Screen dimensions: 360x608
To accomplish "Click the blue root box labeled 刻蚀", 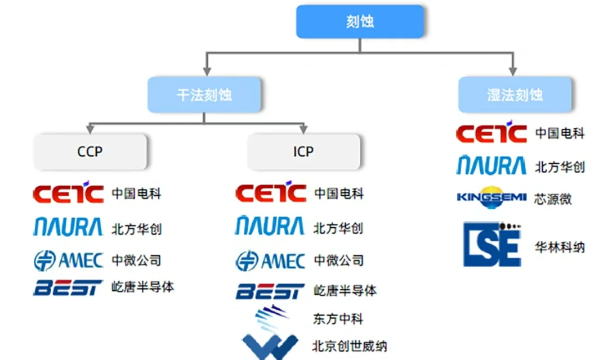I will pyautogui.click(x=360, y=22).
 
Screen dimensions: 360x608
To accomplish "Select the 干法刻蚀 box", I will pyautogui.click(x=204, y=94).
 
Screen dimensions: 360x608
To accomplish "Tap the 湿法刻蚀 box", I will pyautogui.click(x=515, y=94).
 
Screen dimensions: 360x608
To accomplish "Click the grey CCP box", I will pyautogui.click(x=90, y=152).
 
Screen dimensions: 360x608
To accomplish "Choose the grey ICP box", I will pyautogui.click(x=303, y=152).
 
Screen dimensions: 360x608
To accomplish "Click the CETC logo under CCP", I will pyautogui.click(x=68, y=193).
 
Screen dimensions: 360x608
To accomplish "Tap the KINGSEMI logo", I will pyautogui.click(x=491, y=198).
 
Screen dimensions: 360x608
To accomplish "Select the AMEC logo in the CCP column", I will pyautogui.click(x=68, y=260).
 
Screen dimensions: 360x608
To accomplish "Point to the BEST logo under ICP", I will pyautogui.click(x=270, y=291).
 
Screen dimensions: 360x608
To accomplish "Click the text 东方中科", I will pyautogui.click(x=338, y=319).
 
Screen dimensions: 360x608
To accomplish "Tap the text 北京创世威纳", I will pyautogui.click(x=350, y=345).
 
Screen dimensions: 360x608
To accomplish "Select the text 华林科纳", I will pyautogui.click(x=560, y=247).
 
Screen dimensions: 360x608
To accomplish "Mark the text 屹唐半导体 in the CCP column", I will pyautogui.click(x=143, y=287).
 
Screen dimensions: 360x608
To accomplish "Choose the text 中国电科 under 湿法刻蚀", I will pyautogui.click(x=560, y=133).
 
